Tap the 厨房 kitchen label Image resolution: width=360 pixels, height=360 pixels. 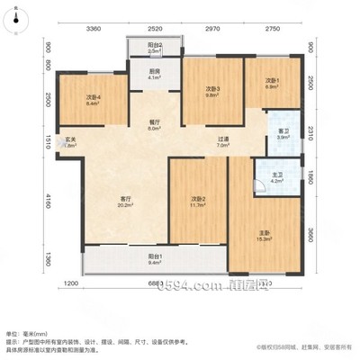click(x=154, y=74)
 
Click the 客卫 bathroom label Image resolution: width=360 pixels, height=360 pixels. click(x=283, y=134)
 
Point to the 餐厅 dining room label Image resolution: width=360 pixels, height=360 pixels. click(x=154, y=124)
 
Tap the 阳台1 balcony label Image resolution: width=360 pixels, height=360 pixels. click(x=155, y=259)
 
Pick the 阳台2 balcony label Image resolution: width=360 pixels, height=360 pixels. click(x=154, y=48)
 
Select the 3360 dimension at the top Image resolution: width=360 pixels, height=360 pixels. click(x=93, y=29)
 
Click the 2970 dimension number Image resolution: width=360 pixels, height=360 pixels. click(x=212, y=29)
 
